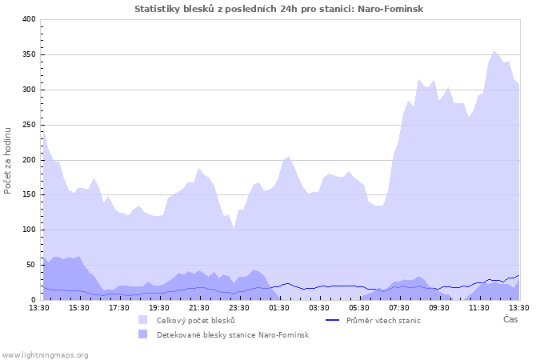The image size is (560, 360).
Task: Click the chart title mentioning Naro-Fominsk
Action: click(x=279, y=9)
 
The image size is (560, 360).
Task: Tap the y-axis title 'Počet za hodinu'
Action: click(x=8, y=159)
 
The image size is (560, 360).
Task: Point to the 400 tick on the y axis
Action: click(x=29, y=19)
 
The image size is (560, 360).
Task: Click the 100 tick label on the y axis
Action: click(x=29, y=230)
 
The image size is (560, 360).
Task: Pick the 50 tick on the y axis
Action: click(x=31, y=265)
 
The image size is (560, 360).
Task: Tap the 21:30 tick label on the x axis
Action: click(x=199, y=307)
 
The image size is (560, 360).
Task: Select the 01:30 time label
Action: click(x=279, y=307)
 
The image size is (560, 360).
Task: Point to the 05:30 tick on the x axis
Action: click(x=359, y=307)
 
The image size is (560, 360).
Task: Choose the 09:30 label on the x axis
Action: click(x=439, y=307)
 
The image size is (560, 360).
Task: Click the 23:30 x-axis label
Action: click(x=239, y=307)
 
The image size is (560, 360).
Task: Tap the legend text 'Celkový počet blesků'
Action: click(x=195, y=321)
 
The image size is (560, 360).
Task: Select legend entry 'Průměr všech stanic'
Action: click(x=383, y=321)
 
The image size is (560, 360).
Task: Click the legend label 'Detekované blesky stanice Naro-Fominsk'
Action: click(x=232, y=334)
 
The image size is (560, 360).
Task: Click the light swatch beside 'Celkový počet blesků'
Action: click(x=142, y=321)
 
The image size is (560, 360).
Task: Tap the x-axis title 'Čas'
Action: click(x=510, y=319)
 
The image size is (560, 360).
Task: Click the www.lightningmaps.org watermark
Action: click(x=45, y=354)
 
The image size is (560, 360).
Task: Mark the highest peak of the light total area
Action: click(x=494, y=51)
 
